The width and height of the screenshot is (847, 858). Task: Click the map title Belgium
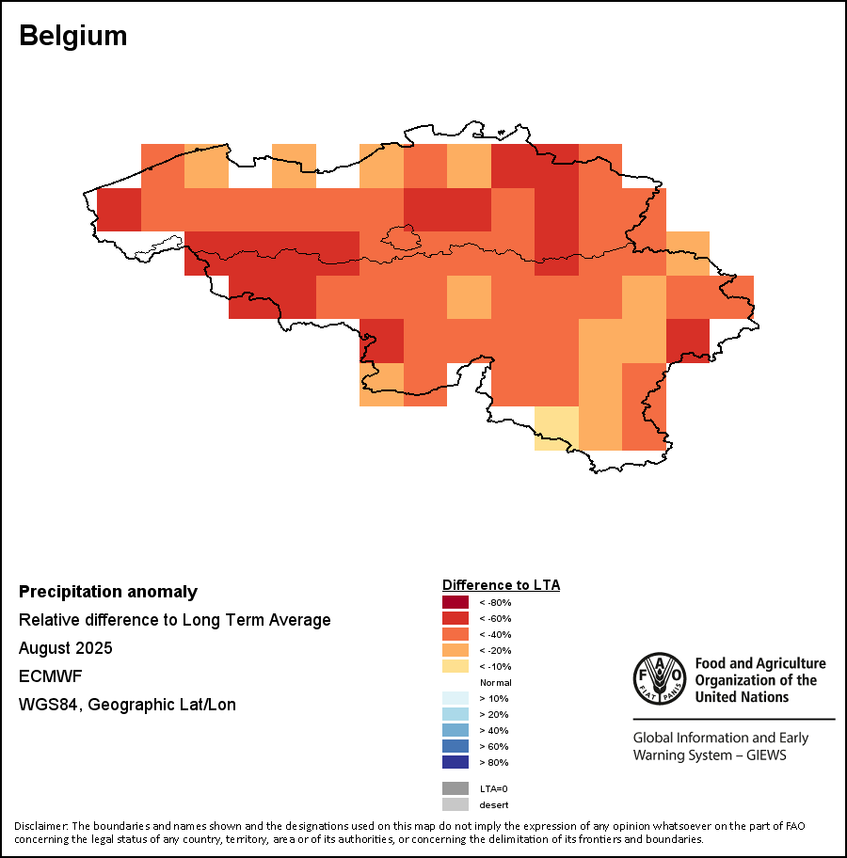click(x=73, y=36)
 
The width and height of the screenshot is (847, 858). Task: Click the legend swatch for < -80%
click(x=455, y=602)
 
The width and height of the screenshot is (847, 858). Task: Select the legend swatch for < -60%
click(x=455, y=618)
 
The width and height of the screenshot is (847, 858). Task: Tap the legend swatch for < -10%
click(x=455, y=666)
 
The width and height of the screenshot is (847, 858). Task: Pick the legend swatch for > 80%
click(x=455, y=762)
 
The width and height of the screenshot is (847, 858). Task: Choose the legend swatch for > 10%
click(x=455, y=698)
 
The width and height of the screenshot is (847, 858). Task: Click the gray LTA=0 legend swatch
click(x=455, y=788)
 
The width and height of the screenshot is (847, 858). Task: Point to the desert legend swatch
click(x=455, y=804)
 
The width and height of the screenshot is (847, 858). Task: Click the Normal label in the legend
click(x=495, y=682)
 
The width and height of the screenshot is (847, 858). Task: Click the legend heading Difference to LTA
click(x=501, y=585)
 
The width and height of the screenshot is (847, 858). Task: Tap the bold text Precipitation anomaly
click(x=108, y=592)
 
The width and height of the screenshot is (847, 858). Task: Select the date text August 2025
click(x=66, y=648)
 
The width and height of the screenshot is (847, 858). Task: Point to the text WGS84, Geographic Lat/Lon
click(x=127, y=705)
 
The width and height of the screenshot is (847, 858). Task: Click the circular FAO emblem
click(x=660, y=679)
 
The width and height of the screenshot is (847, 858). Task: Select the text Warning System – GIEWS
click(x=710, y=755)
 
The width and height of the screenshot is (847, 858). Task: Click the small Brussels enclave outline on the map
click(x=399, y=239)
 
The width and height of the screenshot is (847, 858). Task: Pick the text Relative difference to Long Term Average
click(x=175, y=620)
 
